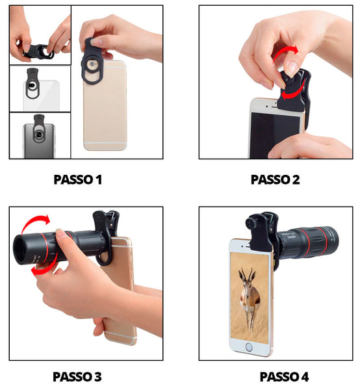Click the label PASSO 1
coord(78,179)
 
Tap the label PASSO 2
coord(276,179)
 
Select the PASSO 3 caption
coord(77,376)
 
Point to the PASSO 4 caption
coord(284,376)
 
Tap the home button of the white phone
coord(249,346)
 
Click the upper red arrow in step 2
coord(286,53)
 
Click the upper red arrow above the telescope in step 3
coord(35,221)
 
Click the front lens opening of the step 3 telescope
coord(22,250)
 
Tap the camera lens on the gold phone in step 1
coord(92,64)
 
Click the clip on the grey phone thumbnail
coord(39,129)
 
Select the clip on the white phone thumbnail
coord(32,83)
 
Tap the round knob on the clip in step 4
coord(250,222)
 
